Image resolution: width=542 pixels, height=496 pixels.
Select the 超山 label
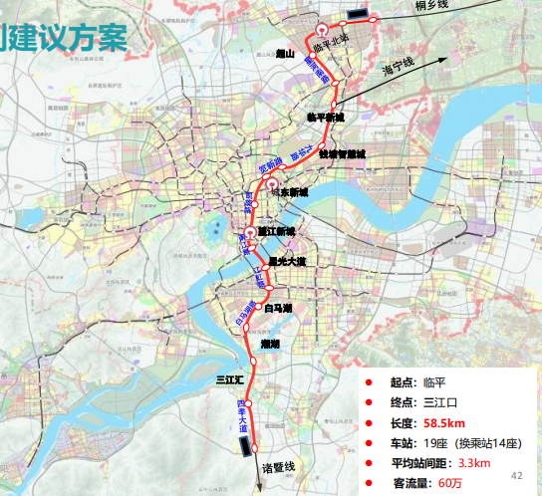pyautogui.click(x=287, y=57)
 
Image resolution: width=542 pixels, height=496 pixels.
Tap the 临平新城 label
pyautogui.click(x=325, y=117)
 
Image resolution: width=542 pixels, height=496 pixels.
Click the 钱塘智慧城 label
pyautogui.click(x=342, y=154)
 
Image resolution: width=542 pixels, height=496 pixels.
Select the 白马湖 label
pyautogui.click(x=279, y=308)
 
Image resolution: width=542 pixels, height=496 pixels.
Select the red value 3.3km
pyautogui.click(x=473, y=463)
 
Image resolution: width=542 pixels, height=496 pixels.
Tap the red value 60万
pyautogui.click(x=449, y=483)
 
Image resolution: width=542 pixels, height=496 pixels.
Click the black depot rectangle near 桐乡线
pyautogui.click(x=356, y=14)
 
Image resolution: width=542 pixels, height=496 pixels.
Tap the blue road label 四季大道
pyautogui.click(x=243, y=414)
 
